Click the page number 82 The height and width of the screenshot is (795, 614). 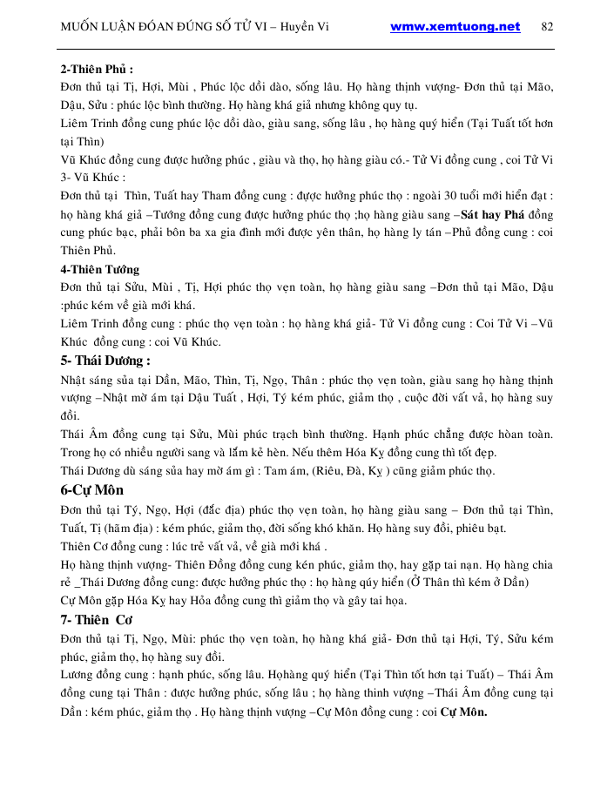pos(547,26)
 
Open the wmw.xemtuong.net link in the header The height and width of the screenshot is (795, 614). pos(455,26)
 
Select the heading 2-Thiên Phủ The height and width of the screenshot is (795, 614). pos(96,69)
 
